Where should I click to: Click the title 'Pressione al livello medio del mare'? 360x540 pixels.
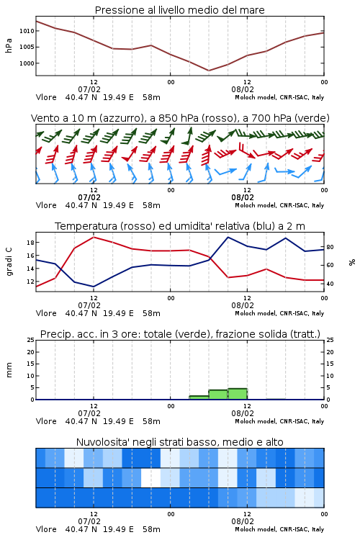(x=179, y=10)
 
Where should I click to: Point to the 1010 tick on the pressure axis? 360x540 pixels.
(x=27, y=31)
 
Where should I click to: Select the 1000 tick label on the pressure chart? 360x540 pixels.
(x=27, y=63)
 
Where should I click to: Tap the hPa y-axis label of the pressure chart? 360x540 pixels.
(x=9, y=46)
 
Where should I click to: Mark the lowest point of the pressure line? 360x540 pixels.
(x=208, y=71)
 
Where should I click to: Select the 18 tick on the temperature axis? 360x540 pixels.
(x=30, y=243)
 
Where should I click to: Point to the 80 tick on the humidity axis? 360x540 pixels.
(x=330, y=247)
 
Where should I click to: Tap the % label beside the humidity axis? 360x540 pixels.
(x=352, y=262)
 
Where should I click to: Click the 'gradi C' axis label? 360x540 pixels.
(x=9, y=261)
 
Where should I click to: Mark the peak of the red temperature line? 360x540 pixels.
(x=94, y=237)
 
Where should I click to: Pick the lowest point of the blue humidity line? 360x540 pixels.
(x=94, y=287)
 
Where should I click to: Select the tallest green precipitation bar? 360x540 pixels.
(x=238, y=394)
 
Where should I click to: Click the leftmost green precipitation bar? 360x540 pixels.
(x=199, y=397)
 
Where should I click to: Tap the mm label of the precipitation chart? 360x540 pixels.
(x=9, y=370)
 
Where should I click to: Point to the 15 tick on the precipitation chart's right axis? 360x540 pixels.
(x=330, y=364)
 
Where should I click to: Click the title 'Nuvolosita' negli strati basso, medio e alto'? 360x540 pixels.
(x=179, y=442)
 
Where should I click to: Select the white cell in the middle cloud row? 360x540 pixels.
(x=150, y=477)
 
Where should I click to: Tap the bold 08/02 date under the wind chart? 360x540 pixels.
(x=243, y=198)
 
